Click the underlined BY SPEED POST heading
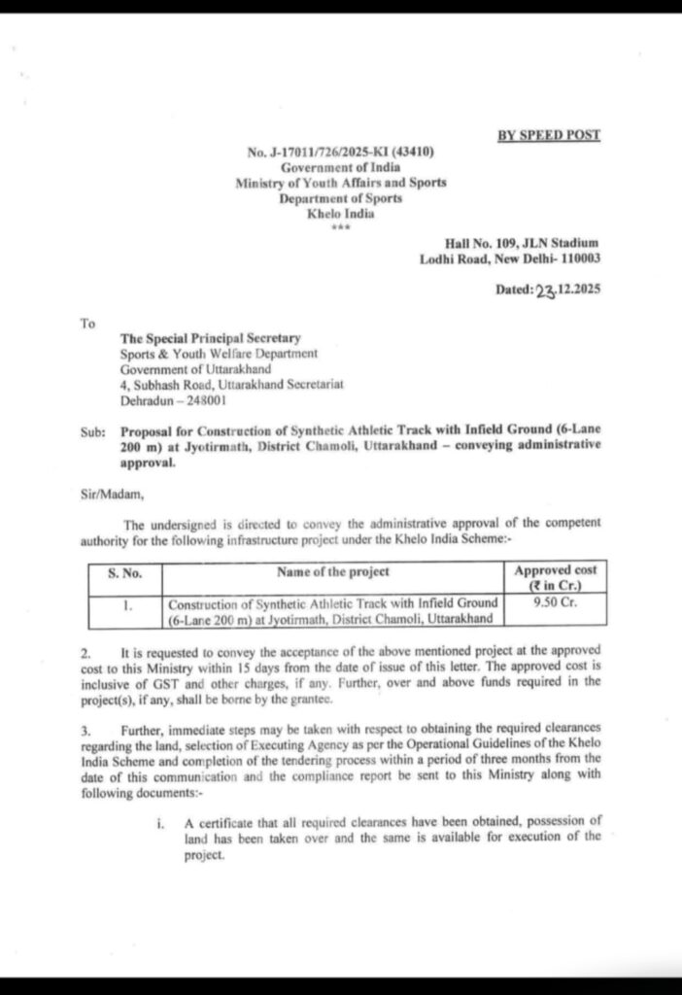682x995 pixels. pos(549,135)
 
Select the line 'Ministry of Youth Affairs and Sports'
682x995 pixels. pos(340,183)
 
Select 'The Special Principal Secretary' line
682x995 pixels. pos(210,338)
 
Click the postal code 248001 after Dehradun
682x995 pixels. pos(205,399)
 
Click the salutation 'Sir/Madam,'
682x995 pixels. pos(112,494)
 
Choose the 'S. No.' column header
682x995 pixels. pos(124,573)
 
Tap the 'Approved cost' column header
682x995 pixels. pos(556,571)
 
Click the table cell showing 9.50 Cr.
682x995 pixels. pos(556,602)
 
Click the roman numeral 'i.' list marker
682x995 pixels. pos(160,824)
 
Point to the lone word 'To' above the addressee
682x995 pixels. pos(88,324)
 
